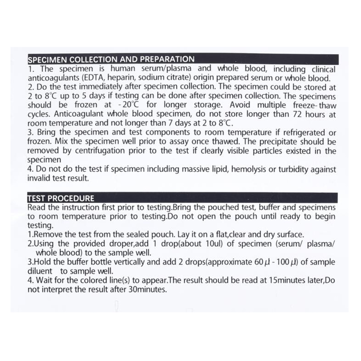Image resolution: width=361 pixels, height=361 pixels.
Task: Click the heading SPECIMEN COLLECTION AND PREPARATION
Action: (x=111, y=59)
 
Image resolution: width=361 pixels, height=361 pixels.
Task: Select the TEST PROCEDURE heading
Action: (x=61, y=198)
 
